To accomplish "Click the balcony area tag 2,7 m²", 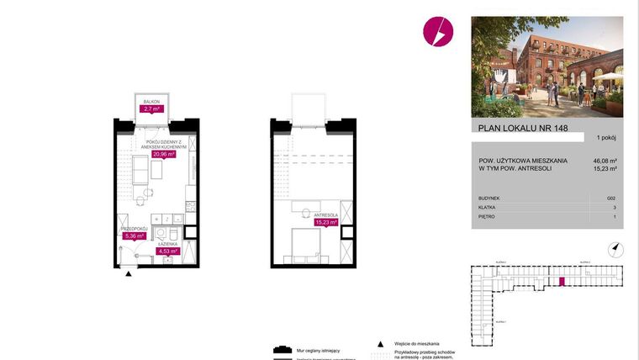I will point(152,109).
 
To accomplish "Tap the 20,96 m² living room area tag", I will point(163,154).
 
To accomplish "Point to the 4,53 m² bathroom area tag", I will point(171,250).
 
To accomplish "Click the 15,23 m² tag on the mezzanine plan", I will point(326,222).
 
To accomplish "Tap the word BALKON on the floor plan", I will point(151,102).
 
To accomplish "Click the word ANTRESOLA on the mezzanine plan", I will point(325,215).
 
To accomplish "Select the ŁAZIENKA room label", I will point(171,243).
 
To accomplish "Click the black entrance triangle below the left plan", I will point(127,274).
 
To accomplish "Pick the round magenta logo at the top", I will point(437,32).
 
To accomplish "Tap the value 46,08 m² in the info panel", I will point(605,160).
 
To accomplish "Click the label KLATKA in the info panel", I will point(487,206).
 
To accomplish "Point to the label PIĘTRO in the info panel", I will point(486,217).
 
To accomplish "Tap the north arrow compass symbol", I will point(615,248).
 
